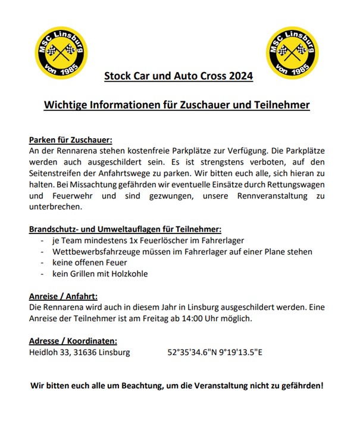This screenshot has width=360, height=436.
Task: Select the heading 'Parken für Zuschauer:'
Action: click(x=70, y=140)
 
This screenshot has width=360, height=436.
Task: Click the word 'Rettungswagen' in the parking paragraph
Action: click(x=295, y=185)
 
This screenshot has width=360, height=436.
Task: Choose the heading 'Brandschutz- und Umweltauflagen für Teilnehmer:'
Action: click(x=125, y=229)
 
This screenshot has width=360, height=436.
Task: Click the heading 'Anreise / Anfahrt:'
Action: click(x=63, y=296)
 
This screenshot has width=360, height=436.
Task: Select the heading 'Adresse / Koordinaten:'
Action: click(x=73, y=341)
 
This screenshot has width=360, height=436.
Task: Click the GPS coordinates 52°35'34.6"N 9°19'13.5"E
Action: click(x=215, y=352)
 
